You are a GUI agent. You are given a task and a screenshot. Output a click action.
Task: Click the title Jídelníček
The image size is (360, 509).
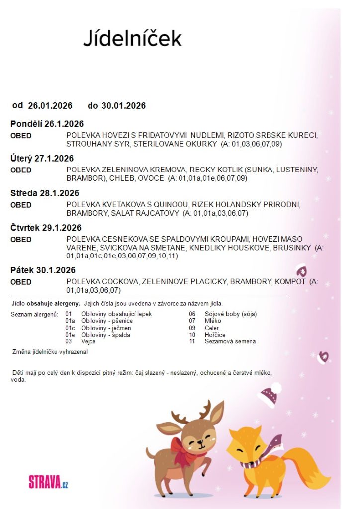click(132, 38)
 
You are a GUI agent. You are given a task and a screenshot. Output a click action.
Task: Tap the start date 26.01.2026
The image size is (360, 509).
click(50, 105)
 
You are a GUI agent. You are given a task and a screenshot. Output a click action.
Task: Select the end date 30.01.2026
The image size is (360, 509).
click(123, 105)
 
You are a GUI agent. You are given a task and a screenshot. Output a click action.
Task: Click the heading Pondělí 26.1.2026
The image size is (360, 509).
click(47, 124)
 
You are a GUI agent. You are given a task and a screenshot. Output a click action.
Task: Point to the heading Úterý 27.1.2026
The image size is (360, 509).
click(42, 159)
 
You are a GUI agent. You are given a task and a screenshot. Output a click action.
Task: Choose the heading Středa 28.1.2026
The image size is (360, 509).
click(45, 193)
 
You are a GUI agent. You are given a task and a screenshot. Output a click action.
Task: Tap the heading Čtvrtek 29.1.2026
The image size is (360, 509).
click(46, 228)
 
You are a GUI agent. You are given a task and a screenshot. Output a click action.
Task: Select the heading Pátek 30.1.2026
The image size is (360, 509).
click(43, 270)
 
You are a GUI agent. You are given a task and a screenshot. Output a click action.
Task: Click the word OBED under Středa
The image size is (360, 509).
click(21, 205)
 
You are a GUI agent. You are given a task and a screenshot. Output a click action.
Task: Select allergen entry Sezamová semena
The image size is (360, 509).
click(230, 341)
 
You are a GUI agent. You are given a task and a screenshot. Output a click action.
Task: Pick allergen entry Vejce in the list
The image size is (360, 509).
click(88, 341)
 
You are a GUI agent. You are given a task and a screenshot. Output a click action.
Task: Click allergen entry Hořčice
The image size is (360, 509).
click(215, 335)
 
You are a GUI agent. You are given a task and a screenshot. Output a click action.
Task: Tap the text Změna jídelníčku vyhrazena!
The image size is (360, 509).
click(50, 352)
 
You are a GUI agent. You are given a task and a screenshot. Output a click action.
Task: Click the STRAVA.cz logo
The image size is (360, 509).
click(48, 482)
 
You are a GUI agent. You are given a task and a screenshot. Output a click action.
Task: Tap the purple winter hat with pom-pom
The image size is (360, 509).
click(270, 396)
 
